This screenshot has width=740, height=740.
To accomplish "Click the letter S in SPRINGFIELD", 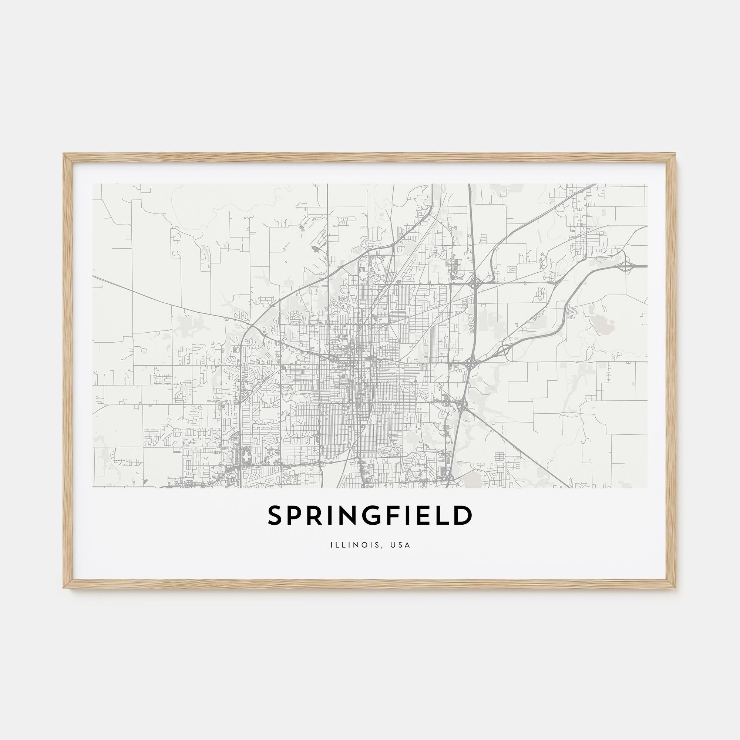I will pyautogui.click(x=275, y=515).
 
